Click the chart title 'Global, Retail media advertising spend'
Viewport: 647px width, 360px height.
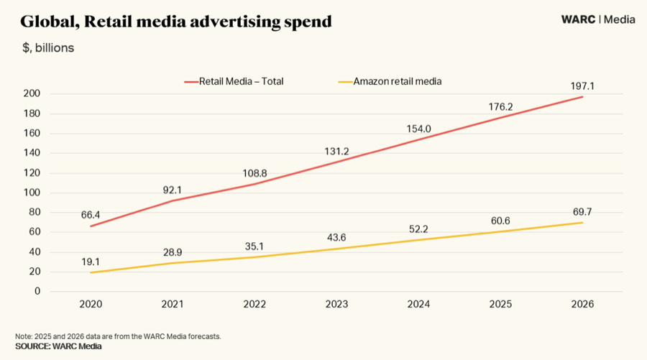[x=176, y=22]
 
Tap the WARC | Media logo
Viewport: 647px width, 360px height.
[x=597, y=19]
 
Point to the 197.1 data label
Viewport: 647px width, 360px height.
[x=582, y=86]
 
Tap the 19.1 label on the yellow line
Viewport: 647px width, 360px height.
[x=91, y=262]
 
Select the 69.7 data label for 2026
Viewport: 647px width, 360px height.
[x=582, y=211]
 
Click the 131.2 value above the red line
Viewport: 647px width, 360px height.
[x=336, y=151]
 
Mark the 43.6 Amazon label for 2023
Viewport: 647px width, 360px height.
[x=336, y=237]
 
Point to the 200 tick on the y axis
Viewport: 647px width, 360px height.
[x=32, y=94]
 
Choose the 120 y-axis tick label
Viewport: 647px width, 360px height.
[x=32, y=173]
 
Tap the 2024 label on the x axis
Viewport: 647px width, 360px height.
[x=418, y=305]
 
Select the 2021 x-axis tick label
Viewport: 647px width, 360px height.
[x=173, y=305]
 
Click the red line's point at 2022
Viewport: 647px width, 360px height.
[x=254, y=184]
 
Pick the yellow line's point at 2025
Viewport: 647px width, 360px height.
[x=500, y=231]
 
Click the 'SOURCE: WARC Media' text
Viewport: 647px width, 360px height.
[x=58, y=346]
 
